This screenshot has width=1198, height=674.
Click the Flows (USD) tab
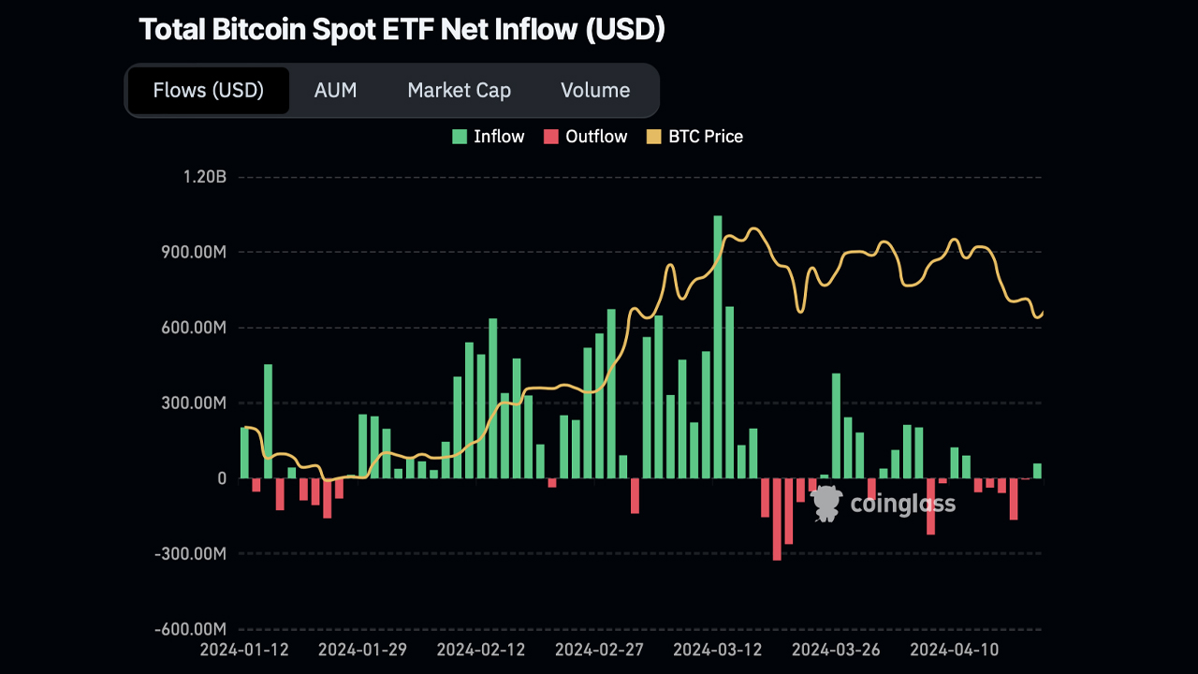(208, 91)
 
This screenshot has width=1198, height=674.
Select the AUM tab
(335, 91)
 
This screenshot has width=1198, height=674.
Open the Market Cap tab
(459, 91)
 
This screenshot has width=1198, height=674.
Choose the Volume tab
(595, 91)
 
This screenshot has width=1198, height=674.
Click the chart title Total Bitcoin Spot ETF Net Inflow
(402, 29)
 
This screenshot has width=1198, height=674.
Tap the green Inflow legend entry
(488, 137)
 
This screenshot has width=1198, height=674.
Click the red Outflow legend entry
(586, 137)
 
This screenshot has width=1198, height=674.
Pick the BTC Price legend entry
(694, 137)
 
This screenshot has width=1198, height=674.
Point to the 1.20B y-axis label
(205, 177)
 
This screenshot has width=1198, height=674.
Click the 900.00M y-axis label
(192, 253)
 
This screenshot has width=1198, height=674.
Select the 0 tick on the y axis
(222, 478)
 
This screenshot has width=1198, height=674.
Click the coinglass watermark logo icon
(826, 504)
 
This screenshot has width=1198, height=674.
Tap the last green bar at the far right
(1037, 471)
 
